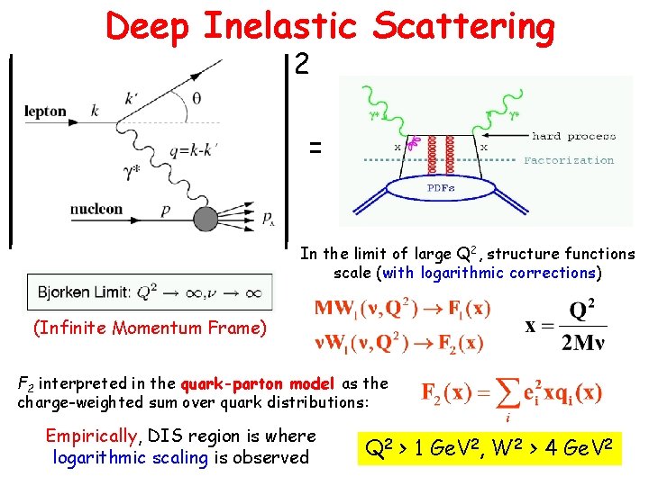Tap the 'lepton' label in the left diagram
click(x=45, y=112)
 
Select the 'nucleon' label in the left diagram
click(x=96, y=209)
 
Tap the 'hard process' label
click(x=573, y=136)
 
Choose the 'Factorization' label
click(x=569, y=160)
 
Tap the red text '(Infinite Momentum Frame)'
click(x=150, y=328)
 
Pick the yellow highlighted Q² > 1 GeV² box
click(x=490, y=445)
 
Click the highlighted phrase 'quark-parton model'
click(x=257, y=383)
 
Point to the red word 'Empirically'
click(x=92, y=436)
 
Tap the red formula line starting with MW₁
click(x=402, y=309)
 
